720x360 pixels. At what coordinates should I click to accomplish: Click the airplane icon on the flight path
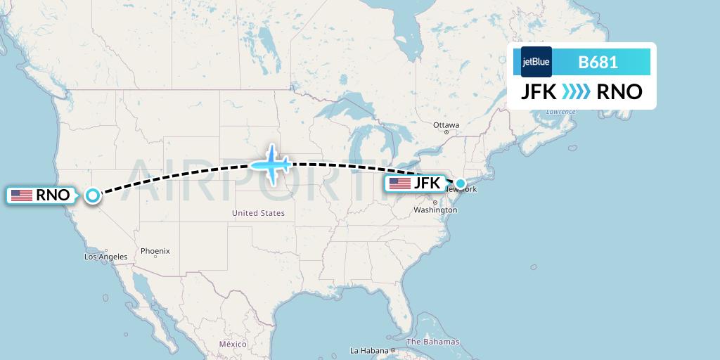click(x=271, y=165)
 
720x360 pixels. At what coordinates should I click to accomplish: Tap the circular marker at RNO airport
click(x=93, y=195)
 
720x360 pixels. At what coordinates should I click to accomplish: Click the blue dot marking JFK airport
click(x=460, y=184)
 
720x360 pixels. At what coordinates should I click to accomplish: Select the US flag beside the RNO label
click(x=22, y=195)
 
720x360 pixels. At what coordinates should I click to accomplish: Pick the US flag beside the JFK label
click(x=400, y=184)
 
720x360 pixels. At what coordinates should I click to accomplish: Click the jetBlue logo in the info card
click(x=536, y=62)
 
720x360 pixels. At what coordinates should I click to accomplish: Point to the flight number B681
click(x=598, y=62)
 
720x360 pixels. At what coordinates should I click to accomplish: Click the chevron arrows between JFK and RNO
click(x=577, y=92)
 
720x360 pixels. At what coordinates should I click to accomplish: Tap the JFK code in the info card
click(x=539, y=92)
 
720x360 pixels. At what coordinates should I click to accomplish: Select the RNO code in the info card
click(x=619, y=92)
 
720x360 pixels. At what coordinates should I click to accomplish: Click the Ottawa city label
click(x=446, y=125)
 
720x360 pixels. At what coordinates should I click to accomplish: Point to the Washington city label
click(x=435, y=210)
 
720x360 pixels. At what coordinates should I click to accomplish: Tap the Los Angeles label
click(x=105, y=257)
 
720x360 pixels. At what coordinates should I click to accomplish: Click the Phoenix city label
click(x=155, y=251)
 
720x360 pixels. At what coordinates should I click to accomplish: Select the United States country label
click(x=259, y=213)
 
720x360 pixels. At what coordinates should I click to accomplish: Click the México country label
click(x=233, y=344)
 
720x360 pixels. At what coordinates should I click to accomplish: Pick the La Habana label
click(x=371, y=350)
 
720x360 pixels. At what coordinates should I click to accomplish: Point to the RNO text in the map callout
click(x=53, y=195)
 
